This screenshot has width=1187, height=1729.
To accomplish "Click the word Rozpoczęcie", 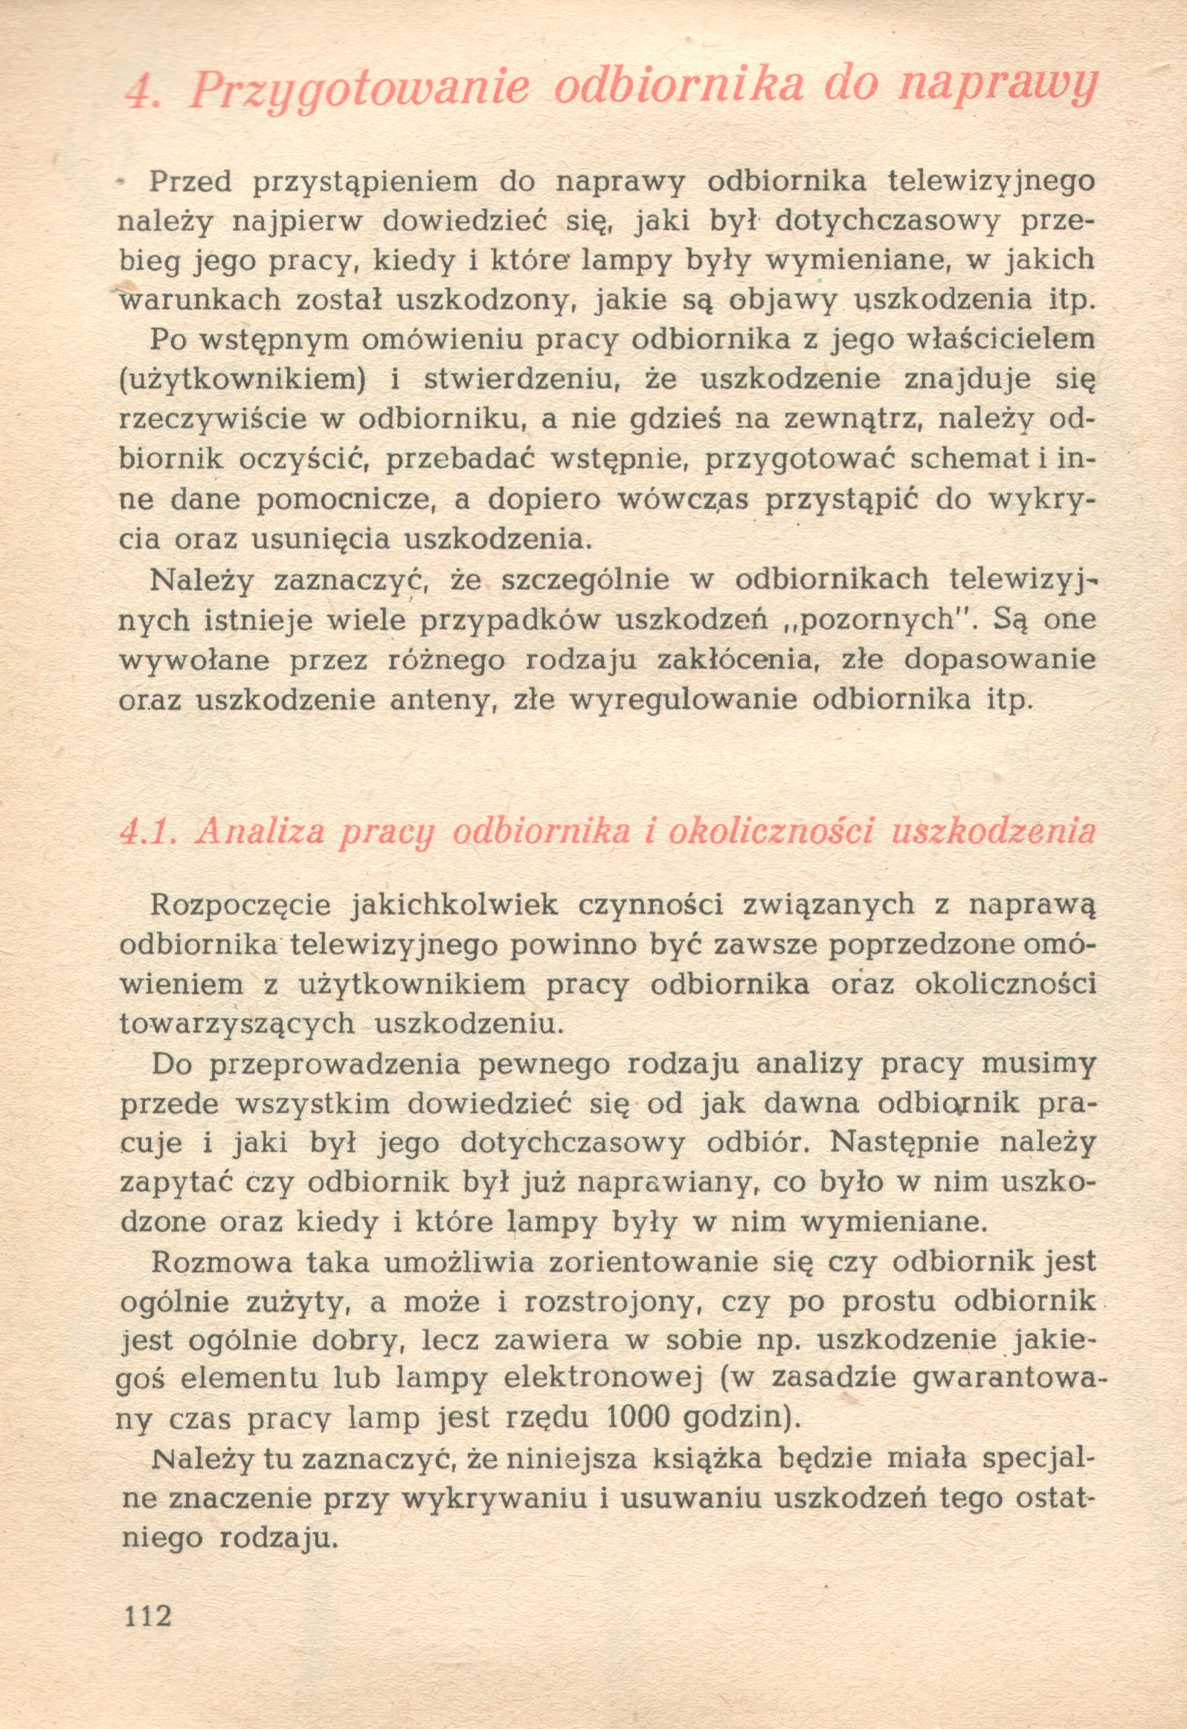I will point(242,905).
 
